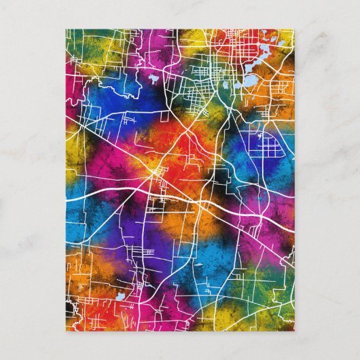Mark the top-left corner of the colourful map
(67, 29)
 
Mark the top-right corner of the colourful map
(294, 29)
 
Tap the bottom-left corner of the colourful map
(67, 330)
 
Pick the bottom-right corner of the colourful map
(294, 330)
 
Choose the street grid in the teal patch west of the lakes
(197, 102)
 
